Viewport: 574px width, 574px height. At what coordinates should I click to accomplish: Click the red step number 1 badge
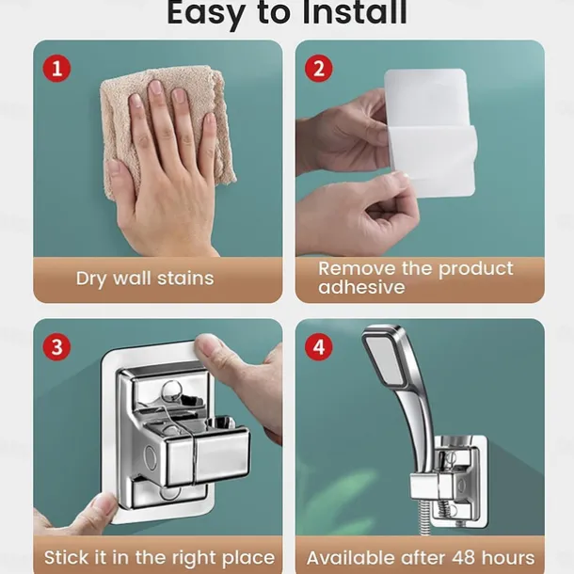click(x=56, y=69)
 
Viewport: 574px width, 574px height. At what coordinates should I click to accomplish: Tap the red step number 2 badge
click(x=319, y=69)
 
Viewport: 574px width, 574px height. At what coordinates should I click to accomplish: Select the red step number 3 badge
click(x=56, y=347)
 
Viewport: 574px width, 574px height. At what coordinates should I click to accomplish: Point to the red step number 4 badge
click(x=319, y=347)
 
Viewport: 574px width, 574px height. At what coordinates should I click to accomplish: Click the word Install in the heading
click(x=354, y=13)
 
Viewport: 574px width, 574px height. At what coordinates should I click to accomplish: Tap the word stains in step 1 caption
click(x=185, y=279)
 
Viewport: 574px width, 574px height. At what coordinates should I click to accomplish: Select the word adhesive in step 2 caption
click(x=361, y=287)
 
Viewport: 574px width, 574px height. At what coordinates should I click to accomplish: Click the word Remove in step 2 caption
click(x=358, y=269)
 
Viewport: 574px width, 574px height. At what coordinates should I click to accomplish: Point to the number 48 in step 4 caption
click(x=463, y=558)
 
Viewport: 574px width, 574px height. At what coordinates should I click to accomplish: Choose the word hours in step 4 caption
click(x=508, y=558)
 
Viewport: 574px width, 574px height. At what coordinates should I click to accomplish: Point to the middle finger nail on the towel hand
click(x=155, y=88)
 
